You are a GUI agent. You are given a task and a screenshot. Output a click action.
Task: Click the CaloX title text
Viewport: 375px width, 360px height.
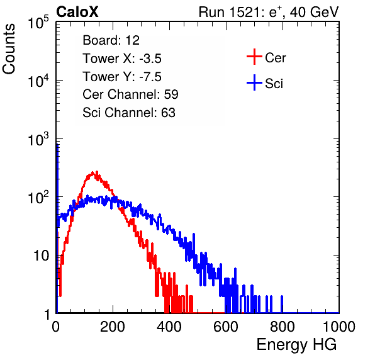pos(77,12)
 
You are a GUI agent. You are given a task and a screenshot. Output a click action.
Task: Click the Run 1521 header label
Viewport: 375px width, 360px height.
pos(269,12)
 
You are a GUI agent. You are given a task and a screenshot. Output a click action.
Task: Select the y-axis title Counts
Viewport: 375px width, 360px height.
pos(9,49)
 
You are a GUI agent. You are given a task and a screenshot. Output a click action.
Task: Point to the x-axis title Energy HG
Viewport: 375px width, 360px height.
pos(296,344)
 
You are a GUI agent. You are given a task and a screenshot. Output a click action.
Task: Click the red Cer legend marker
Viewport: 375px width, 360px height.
pos(254,57)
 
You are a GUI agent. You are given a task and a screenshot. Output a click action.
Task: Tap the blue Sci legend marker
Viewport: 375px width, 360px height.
pos(254,82)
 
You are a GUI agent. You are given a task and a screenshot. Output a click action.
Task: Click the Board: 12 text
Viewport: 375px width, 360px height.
pos(111,40)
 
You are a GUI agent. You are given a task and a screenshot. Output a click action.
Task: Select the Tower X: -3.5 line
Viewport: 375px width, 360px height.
pos(122,59)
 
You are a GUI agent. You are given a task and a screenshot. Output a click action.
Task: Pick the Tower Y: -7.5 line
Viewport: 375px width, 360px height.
pos(122,77)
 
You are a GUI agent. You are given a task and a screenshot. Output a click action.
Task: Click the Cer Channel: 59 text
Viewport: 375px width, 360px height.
pos(130,94)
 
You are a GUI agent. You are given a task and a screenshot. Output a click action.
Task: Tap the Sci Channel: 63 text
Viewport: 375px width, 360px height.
pos(129,113)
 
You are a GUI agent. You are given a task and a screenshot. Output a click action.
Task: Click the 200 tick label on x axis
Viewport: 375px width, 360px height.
pos(113,327)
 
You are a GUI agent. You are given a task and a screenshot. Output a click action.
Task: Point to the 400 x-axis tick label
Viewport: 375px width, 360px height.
pos(169,327)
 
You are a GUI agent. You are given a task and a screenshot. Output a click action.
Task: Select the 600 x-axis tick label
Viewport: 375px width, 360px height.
pos(226,327)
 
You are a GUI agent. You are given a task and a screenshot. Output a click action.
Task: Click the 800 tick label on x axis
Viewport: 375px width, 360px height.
pos(283,327)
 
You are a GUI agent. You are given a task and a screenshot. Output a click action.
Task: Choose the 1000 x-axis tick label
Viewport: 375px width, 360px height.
pos(339,327)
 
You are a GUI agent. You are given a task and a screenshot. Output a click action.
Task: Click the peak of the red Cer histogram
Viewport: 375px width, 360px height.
pos(97,172)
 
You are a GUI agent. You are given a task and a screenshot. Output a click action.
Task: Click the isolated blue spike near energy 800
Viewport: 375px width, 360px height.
pos(282,304)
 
